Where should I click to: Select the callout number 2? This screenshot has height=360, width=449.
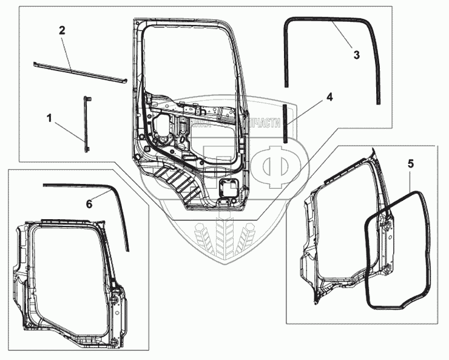point(61,30)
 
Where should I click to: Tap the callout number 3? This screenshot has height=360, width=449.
point(356,55)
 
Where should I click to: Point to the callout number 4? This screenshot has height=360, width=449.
point(329,96)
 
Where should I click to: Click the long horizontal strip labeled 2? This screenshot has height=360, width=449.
point(79,72)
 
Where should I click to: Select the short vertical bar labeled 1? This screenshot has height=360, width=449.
point(86,124)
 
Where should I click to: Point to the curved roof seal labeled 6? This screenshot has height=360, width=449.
point(121,212)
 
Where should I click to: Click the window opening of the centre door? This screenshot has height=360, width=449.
point(188,61)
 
